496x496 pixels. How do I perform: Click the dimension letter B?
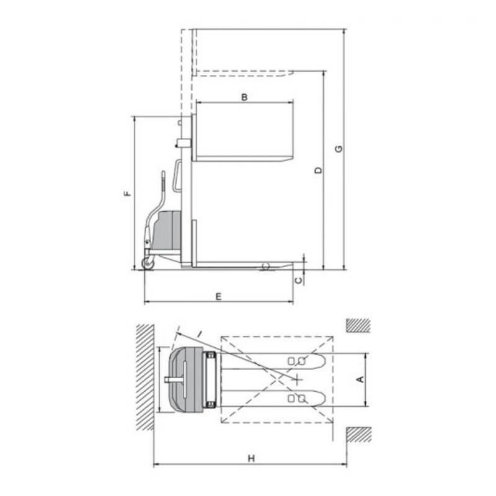(244, 97)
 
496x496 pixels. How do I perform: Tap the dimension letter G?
(339, 149)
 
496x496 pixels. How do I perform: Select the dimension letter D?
(319, 170)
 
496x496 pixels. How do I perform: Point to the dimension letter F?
(127, 193)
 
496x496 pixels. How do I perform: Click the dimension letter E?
(219, 297)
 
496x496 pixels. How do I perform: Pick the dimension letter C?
(299, 280)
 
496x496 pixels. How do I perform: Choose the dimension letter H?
(251, 458)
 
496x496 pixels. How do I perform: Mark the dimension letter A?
(360, 379)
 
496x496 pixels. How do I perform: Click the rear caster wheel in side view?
(148, 263)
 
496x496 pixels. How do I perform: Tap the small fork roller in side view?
(265, 267)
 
